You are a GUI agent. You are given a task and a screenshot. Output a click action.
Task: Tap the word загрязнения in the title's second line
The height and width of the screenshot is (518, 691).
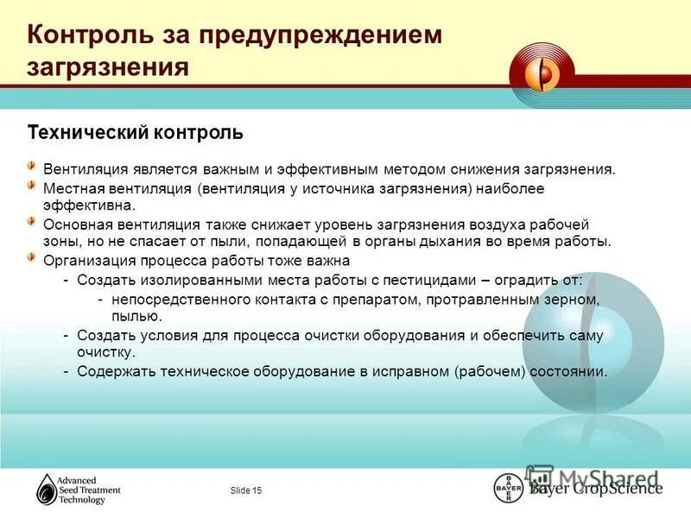108,67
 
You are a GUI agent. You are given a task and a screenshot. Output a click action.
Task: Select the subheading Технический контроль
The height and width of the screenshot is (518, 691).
136,133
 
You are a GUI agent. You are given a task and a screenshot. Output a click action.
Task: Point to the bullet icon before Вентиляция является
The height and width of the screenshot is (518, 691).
32,165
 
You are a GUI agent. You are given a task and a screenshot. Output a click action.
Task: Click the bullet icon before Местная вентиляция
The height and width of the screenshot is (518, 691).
32,186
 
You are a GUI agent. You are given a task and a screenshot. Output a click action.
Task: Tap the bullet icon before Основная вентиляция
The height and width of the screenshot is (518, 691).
32,221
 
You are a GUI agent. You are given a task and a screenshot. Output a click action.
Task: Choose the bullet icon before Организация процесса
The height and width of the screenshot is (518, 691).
32,257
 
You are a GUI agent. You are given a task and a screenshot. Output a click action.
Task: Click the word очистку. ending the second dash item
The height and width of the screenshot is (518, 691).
106,353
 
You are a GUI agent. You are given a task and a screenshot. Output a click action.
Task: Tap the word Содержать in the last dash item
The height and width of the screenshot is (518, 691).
111,371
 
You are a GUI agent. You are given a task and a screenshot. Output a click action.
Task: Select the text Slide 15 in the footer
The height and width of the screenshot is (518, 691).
246,491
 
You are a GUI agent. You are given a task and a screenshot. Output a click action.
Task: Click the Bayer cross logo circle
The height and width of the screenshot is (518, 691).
508,488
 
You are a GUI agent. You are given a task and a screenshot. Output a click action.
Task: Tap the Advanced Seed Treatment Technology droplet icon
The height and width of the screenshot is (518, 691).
46,490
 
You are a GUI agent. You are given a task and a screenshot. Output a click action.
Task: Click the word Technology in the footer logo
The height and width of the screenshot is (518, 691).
81,500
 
